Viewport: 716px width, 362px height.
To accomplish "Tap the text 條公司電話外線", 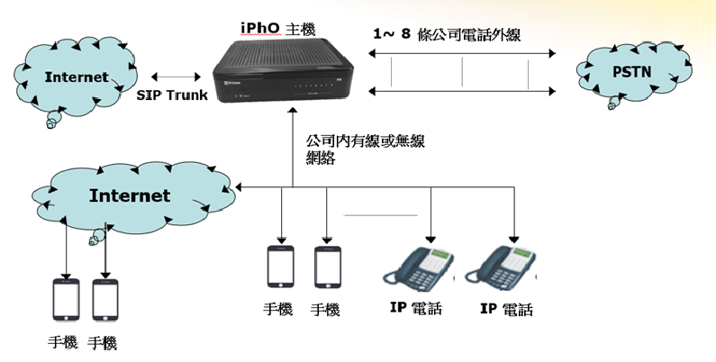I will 467,33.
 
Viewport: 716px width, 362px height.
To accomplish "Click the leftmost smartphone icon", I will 67,299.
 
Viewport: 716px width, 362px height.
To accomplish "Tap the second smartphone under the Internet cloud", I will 106,299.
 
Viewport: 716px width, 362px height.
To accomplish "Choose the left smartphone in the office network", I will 280,267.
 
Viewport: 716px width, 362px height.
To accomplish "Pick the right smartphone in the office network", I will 326,267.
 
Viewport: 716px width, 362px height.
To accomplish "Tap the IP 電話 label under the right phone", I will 506,311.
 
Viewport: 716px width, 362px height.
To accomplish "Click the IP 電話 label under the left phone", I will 416,310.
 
